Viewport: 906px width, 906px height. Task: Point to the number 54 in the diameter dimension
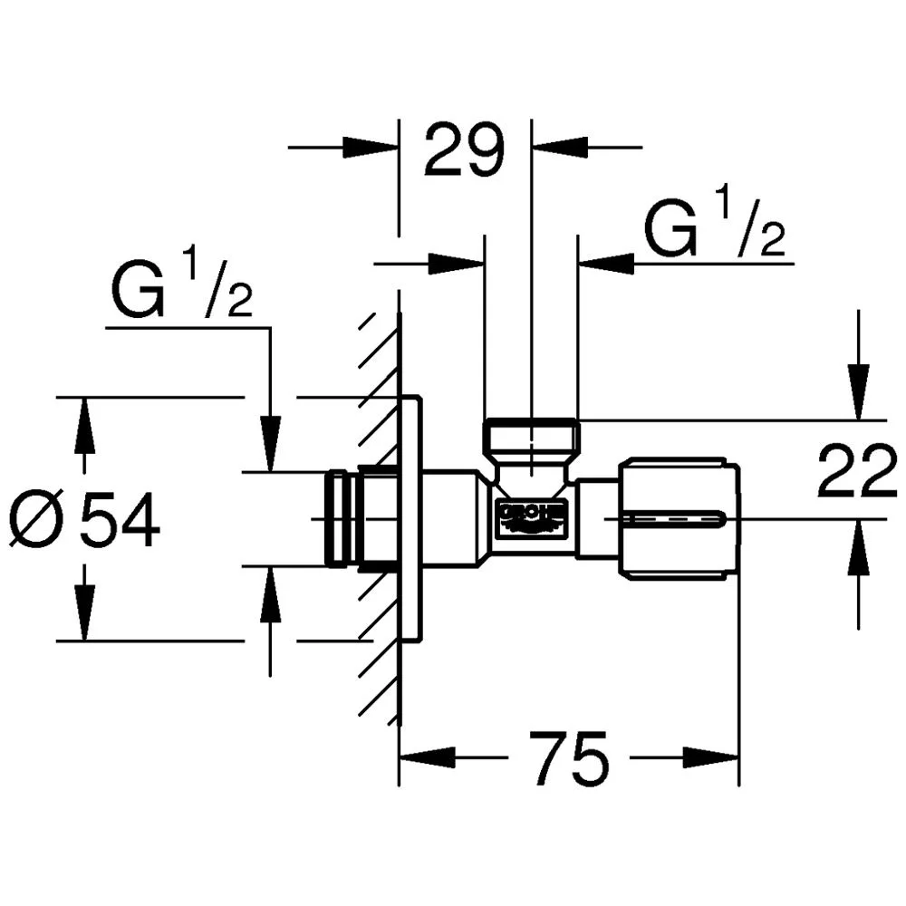(x=119, y=523)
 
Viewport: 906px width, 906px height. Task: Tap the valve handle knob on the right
(x=679, y=519)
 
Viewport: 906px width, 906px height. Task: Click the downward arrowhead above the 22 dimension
(x=857, y=394)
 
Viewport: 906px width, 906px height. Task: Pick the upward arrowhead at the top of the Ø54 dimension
(x=83, y=425)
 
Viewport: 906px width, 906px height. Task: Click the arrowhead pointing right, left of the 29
(x=371, y=147)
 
